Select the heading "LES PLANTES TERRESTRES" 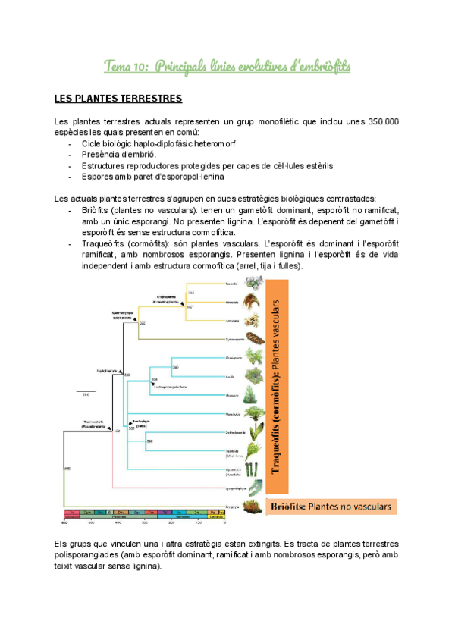pos(118,99)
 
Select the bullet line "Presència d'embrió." pos(117,154)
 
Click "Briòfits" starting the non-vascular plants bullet pos(98,209)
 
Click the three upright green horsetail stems pos(253,452)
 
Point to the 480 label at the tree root pos(67,469)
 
